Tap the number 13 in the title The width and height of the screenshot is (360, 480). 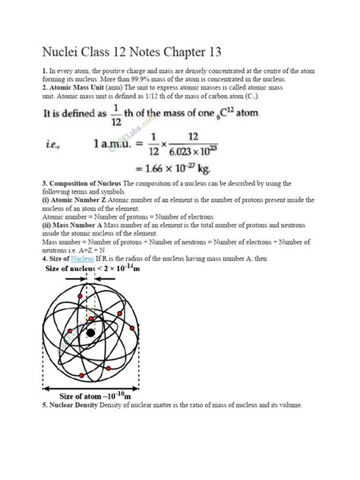tap(211, 52)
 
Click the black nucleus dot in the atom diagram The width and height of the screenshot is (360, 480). tap(91, 333)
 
